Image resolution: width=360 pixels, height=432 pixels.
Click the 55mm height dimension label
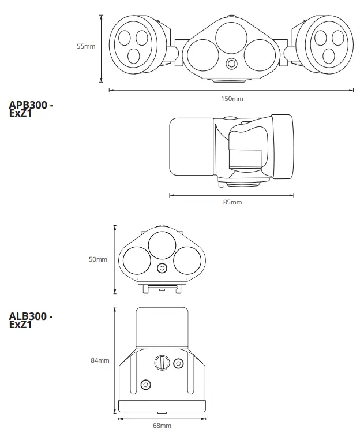tap(86, 46)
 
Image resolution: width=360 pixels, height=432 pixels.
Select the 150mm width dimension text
tap(232, 99)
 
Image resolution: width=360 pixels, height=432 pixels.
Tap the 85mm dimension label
tap(232, 202)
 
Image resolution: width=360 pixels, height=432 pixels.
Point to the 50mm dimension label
tap(98, 259)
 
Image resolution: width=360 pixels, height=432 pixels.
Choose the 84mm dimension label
tap(100, 360)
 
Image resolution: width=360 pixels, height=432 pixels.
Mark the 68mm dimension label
tap(162, 426)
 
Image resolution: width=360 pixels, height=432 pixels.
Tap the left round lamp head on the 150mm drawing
tap(133, 46)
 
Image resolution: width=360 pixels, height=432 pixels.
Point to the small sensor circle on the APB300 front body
tap(232, 64)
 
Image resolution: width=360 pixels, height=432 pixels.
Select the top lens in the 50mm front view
tap(162, 245)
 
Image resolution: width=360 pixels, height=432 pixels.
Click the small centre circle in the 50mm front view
tap(162, 267)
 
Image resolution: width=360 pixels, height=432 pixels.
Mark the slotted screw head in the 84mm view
tap(162, 363)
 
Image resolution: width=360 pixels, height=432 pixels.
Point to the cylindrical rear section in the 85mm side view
tap(191, 147)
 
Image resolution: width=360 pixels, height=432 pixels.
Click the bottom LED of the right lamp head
tap(329, 56)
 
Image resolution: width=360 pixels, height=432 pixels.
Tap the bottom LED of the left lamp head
tap(133, 56)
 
